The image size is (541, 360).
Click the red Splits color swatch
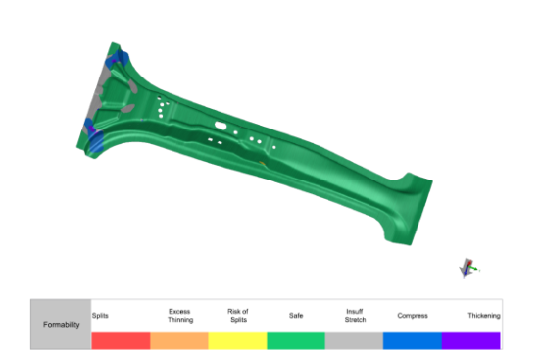(x=121, y=340)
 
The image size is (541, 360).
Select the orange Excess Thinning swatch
(x=179, y=340)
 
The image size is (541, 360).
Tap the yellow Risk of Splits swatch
(x=237, y=340)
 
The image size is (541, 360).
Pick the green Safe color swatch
(x=296, y=340)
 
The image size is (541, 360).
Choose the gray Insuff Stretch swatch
(x=354, y=340)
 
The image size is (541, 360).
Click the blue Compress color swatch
(x=413, y=340)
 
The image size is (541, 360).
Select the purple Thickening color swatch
(x=471, y=340)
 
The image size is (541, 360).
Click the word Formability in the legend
(x=62, y=325)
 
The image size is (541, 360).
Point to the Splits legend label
(x=100, y=316)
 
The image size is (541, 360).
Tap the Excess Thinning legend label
(x=180, y=316)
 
